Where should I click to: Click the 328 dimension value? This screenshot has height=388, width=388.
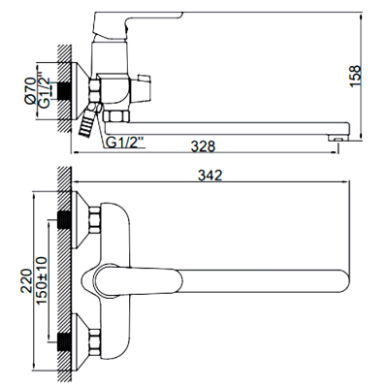pyautogui.click(x=203, y=146)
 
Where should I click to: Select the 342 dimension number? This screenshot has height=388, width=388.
pyautogui.click(x=210, y=176)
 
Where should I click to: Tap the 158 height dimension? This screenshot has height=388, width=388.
pyautogui.click(x=355, y=76)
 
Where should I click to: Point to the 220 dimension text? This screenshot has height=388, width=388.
pyautogui.click(x=26, y=280)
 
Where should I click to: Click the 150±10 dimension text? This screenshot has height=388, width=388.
pyautogui.click(x=42, y=280)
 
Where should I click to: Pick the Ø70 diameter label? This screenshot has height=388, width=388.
pyautogui.click(x=30, y=90)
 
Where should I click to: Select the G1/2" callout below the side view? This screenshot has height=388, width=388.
pyautogui.click(x=124, y=143)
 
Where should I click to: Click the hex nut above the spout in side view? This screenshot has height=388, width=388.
pyautogui.click(x=117, y=116)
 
